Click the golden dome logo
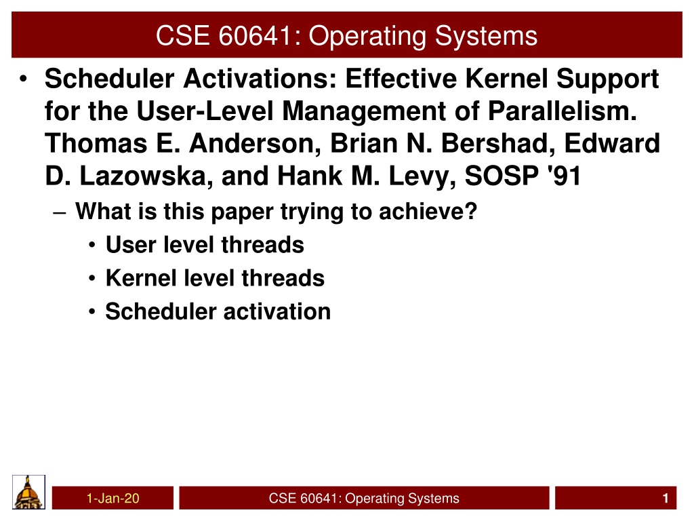tap(28, 493)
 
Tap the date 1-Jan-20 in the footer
tap(113, 499)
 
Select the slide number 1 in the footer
tap(666, 499)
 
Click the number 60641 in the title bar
tap(255, 35)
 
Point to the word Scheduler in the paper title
tap(110, 79)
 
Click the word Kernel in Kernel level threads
tap(141, 278)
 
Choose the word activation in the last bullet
tap(277, 311)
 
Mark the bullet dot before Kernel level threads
tap(91, 279)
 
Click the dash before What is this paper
tap(60, 213)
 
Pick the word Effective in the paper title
tap(401, 79)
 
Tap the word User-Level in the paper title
tap(205, 111)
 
